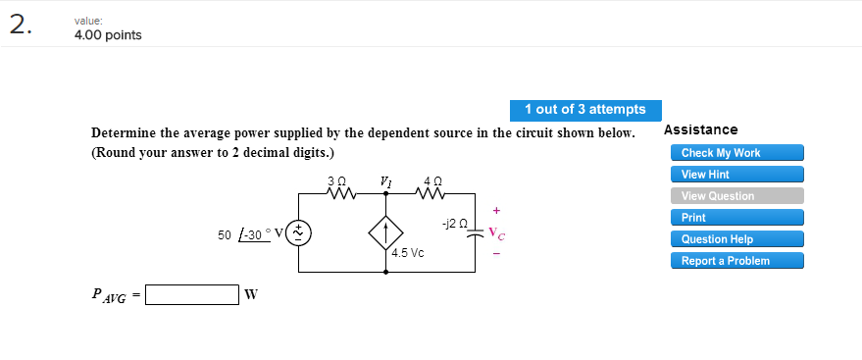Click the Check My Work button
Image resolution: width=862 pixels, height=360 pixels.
pos(736,153)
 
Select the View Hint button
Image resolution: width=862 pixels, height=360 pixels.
pos(736,175)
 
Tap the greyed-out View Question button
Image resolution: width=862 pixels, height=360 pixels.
pos(736,196)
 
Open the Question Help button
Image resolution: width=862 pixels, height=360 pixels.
pos(736,239)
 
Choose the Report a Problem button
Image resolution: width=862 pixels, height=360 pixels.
pos(736,261)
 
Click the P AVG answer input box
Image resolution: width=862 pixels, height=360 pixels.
pos(192,295)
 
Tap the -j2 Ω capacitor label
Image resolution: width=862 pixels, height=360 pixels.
pos(455,225)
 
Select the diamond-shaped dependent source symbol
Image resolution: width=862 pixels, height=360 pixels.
pos(386,233)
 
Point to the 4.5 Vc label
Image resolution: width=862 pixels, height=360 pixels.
pos(407,253)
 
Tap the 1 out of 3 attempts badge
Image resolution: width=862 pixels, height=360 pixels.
pos(584,109)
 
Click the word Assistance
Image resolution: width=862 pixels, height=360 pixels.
pos(700,129)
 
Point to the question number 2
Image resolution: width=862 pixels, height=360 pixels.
pos(21,26)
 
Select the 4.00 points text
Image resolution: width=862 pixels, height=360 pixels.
pos(108,35)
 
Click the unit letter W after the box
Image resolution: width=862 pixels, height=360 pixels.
pos(250,295)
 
